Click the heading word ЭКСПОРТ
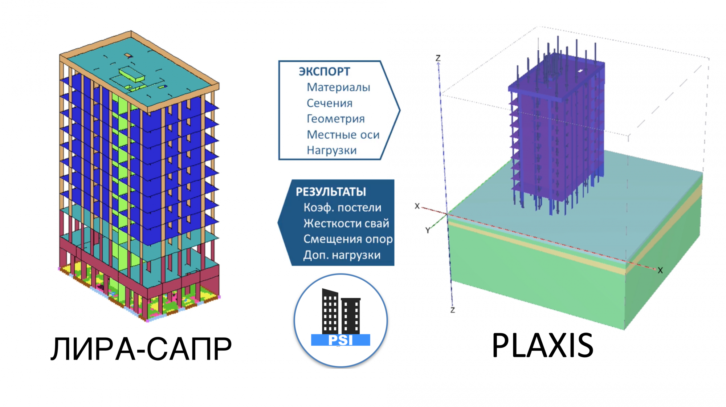[324, 72]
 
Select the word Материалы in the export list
[338, 87]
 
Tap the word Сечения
[329, 103]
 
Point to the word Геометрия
[335, 119]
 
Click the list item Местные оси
[343, 135]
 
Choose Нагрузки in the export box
[331, 150]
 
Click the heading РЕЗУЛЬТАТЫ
[331, 192]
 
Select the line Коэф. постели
[342, 208]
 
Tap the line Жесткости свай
[346, 223]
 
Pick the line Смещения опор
[348, 239]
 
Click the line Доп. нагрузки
[342, 255]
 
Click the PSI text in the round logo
[340, 340]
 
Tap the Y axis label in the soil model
[428, 230]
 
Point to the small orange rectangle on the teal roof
[128, 56]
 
